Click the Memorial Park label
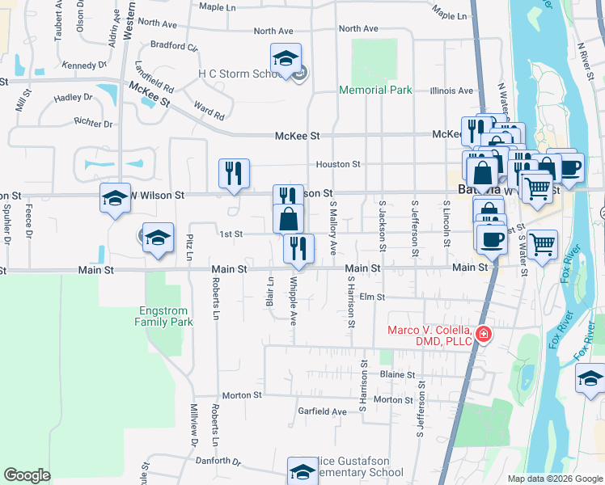coord(375,90)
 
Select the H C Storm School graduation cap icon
coord(286,59)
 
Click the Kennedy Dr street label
coord(84,65)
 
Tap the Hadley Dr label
coord(74,98)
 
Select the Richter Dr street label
coord(92,124)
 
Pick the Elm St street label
coord(370,297)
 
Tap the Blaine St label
coord(397,375)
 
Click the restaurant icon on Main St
coord(298,248)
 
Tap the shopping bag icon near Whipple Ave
coord(289,218)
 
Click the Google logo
coord(27,475)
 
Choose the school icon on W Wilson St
coord(115,198)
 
